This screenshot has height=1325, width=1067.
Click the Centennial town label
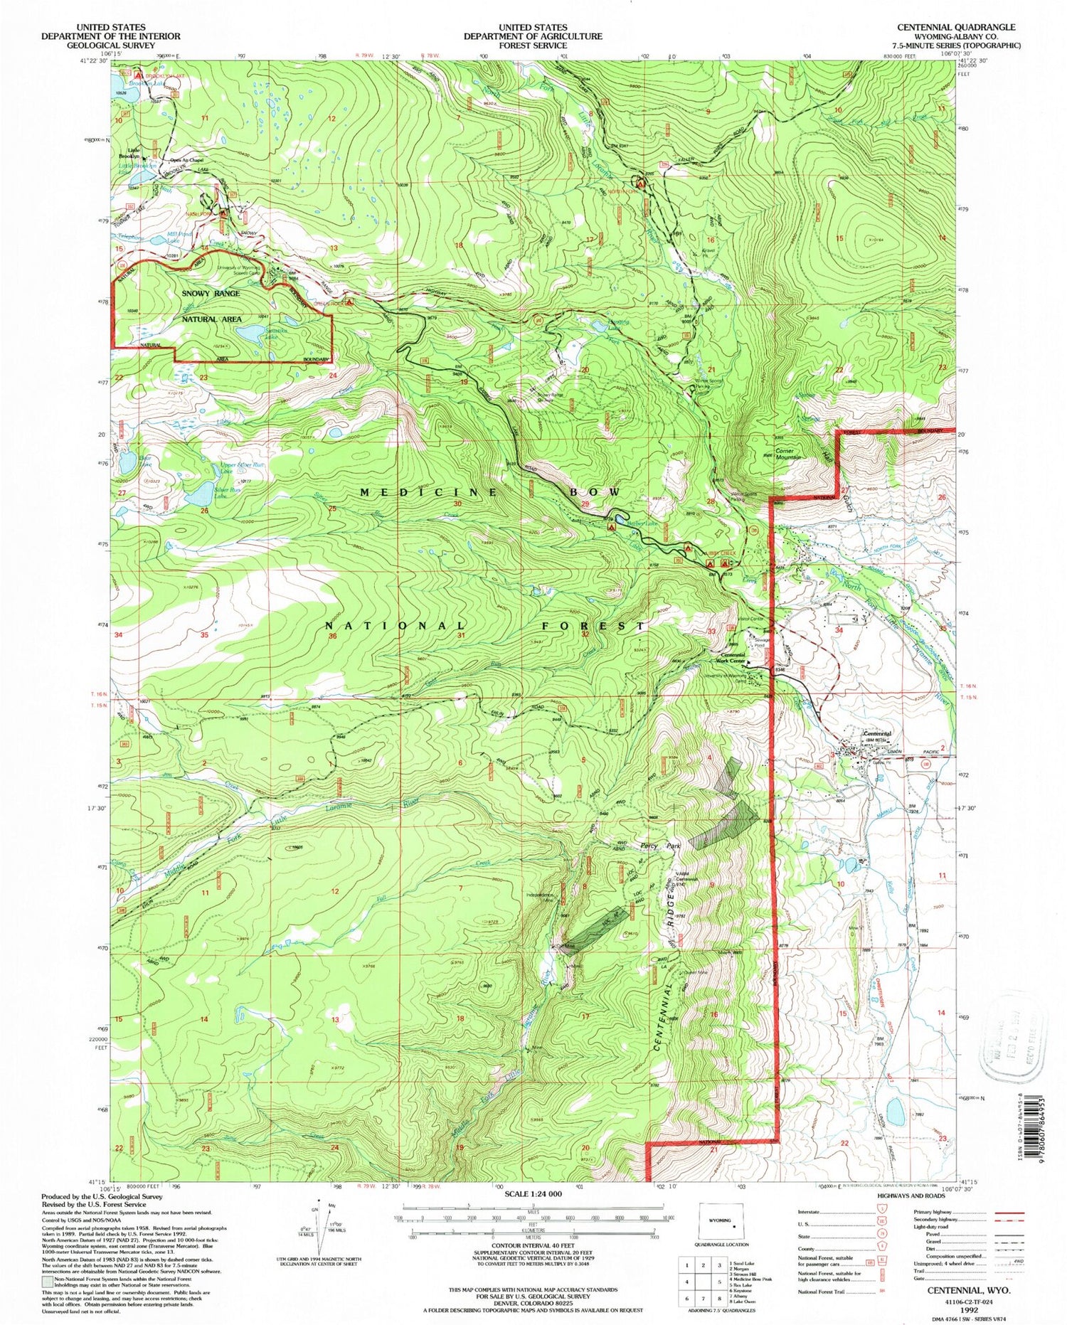click(876, 734)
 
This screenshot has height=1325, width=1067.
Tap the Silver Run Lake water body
click(199, 493)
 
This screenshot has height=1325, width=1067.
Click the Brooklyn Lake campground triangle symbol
click(139, 73)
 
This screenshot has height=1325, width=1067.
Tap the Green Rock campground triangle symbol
click(349, 302)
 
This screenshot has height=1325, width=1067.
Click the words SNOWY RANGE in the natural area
click(211, 293)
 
